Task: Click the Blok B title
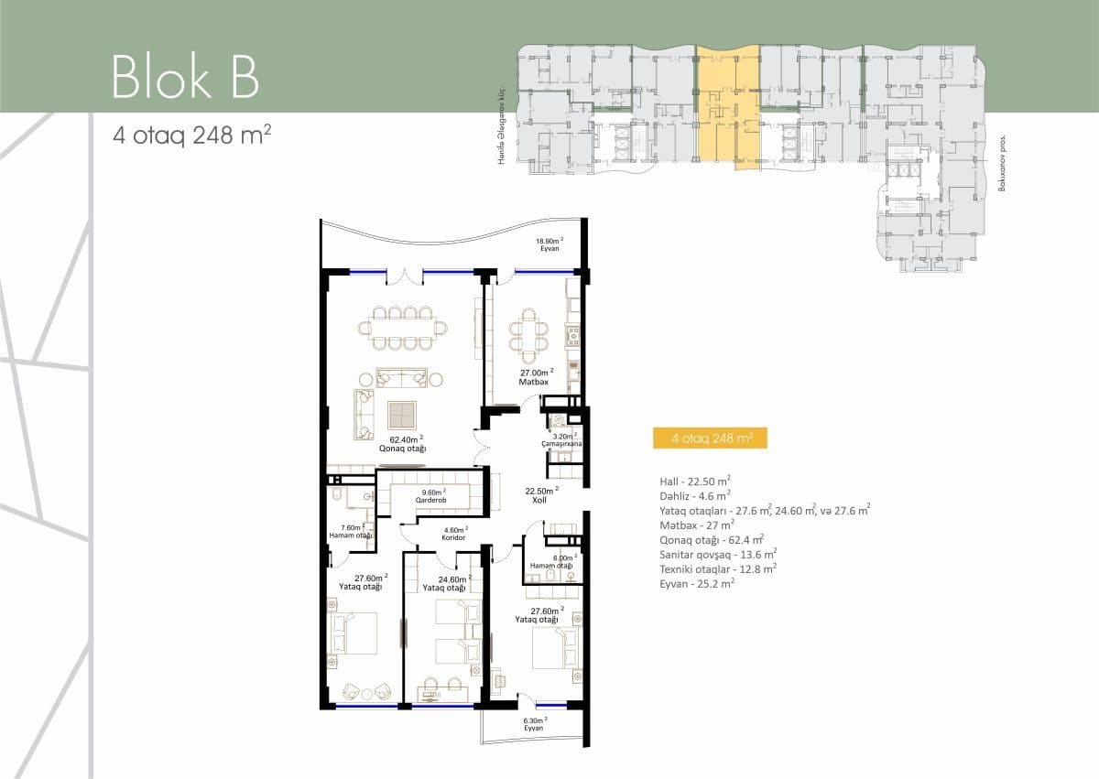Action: point(185,77)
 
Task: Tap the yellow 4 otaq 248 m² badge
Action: point(712,438)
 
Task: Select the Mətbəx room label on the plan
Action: point(535,378)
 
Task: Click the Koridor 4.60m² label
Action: point(454,534)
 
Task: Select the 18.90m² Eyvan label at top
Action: point(549,245)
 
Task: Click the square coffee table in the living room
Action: point(402,415)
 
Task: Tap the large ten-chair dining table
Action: point(408,328)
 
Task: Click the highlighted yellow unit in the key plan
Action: point(728,103)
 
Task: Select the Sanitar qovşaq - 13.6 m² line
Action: point(718,553)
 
